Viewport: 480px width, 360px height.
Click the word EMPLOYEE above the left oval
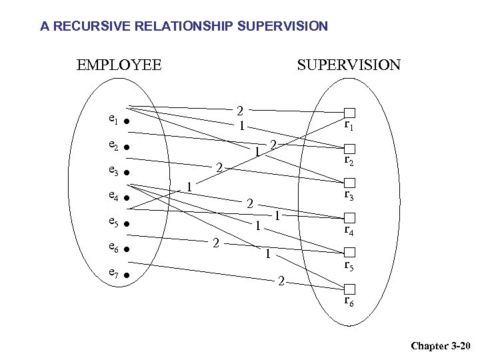[x=119, y=65]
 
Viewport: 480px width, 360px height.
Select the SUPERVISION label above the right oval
[x=349, y=65]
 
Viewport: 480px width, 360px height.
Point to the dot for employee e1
[x=125, y=123]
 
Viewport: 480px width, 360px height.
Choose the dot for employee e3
[x=125, y=173]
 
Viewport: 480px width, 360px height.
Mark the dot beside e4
[x=125, y=199]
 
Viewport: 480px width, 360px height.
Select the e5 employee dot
[x=125, y=224]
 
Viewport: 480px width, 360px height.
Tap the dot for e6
[x=125, y=249]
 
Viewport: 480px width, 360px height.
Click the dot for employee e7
[x=125, y=275]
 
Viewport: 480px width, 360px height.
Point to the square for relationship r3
[x=349, y=183]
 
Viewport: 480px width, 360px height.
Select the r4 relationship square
[x=349, y=218]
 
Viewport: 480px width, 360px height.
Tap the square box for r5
[x=349, y=253]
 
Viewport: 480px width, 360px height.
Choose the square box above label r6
[x=349, y=289]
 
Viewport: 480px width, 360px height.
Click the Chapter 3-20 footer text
[x=441, y=345]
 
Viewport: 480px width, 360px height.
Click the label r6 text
[x=349, y=301]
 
